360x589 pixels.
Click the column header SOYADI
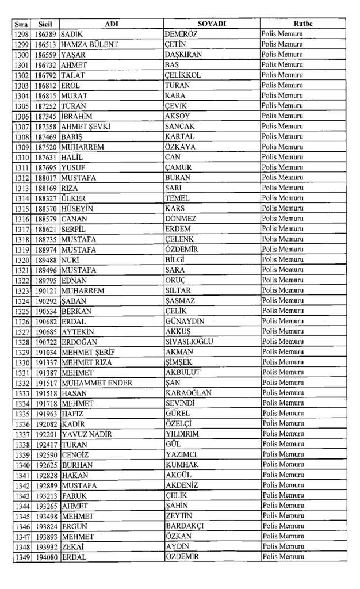click(212, 24)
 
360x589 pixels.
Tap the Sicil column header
click(45, 24)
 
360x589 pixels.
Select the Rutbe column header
click(302, 24)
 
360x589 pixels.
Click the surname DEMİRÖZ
click(182, 34)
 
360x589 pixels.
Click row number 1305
click(22, 106)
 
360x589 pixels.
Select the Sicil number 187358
click(45, 127)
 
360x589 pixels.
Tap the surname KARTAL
click(179, 137)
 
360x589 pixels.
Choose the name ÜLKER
click(72, 198)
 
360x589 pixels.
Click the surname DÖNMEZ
click(181, 219)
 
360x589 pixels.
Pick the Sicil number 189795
click(45, 280)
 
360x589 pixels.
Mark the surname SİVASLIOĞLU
click(189, 342)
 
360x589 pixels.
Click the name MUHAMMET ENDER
click(97, 383)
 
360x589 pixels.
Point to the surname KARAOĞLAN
click(188, 393)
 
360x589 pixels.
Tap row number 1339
click(22, 454)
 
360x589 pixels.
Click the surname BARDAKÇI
click(185, 526)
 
